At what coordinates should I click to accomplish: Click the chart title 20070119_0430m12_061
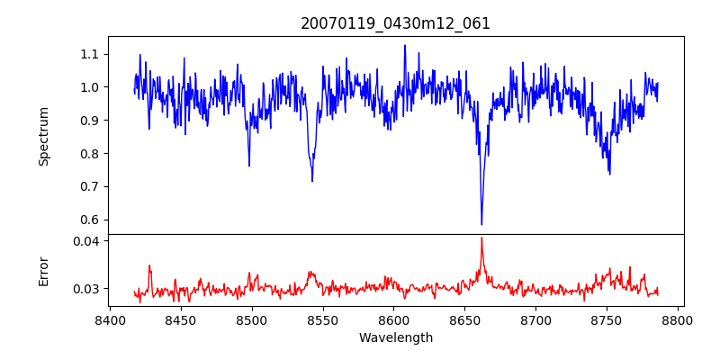[x=395, y=23]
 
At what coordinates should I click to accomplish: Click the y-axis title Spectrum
[x=44, y=136]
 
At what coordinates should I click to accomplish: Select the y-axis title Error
[x=44, y=271]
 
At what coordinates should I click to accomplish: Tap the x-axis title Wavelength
[x=395, y=338]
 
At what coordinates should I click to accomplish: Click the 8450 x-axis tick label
[x=181, y=319]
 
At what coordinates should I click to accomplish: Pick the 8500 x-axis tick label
[x=252, y=319]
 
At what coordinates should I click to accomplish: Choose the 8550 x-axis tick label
[x=323, y=319]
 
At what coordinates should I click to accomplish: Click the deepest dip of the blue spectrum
[x=481, y=224]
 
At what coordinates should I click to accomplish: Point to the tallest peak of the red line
[x=481, y=238]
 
